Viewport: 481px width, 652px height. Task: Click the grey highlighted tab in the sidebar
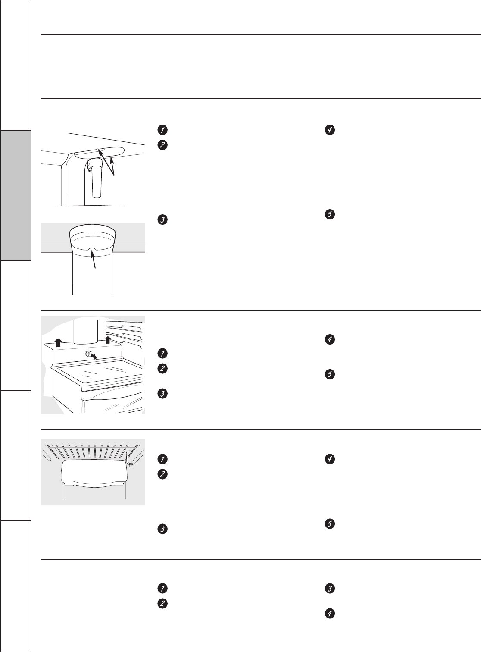[x=16, y=195]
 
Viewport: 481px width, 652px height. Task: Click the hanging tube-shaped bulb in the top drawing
[x=96, y=180]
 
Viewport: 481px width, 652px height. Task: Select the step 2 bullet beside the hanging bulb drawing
[x=162, y=145]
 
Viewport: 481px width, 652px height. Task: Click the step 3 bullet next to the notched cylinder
[x=162, y=219]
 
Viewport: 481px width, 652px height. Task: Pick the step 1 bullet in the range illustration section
[x=162, y=354]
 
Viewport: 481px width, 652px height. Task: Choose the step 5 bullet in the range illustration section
[x=329, y=375]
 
